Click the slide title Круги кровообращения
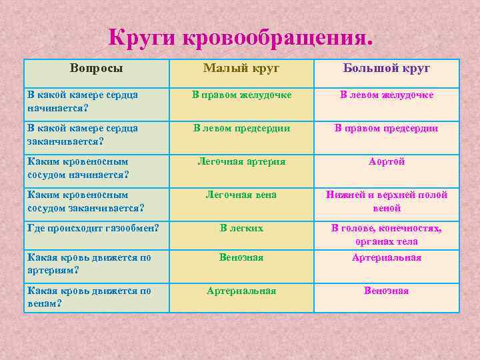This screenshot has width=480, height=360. point(241,37)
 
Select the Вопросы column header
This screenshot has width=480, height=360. point(97,68)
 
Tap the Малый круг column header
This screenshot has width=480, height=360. point(241,68)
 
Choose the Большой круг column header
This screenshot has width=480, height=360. point(387,68)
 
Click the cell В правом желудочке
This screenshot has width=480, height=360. point(241,95)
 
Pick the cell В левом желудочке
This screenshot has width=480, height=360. point(387,95)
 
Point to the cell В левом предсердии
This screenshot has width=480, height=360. point(241,128)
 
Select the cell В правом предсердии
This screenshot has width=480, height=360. point(387,128)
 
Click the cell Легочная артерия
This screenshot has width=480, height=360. point(241,161)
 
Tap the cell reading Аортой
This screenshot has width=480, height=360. point(387,161)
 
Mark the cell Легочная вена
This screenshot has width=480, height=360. point(241,195)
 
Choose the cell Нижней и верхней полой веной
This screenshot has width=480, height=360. point(387,201)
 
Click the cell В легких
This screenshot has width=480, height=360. point(241,228)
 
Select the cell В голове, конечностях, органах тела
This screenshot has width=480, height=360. point(387,235)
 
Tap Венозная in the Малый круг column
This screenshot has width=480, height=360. point(241,257)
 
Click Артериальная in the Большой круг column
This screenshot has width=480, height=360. point(387,257)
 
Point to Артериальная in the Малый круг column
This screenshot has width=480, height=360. point(241,291)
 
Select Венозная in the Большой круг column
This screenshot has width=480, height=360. point(387,291)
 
